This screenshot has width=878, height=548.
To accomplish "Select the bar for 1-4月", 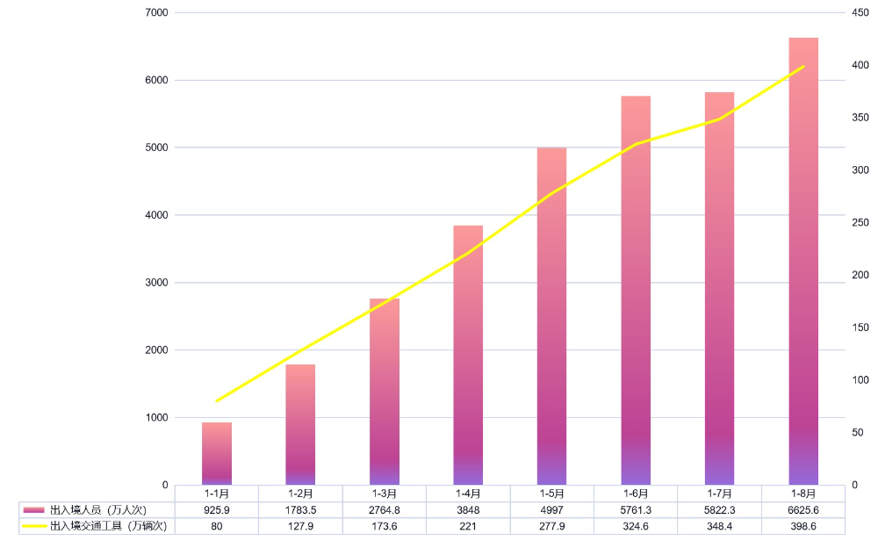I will point(468,355).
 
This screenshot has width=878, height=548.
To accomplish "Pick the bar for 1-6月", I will point(636,290).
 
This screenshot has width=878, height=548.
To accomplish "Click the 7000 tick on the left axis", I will point(158,13).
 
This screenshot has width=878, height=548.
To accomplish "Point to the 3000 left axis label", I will point(158,283).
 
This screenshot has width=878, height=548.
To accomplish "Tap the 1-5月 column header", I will point(551,494).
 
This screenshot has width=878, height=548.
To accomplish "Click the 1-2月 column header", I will point(300,494).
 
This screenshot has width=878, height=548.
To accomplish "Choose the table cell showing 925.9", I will point(216,509).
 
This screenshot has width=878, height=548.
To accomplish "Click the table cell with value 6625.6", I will point(803,509).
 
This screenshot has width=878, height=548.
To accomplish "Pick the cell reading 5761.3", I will point(636,509).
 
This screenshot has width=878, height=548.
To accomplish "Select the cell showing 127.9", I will point(300,526).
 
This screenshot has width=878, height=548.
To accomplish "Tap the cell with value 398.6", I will point(803,526).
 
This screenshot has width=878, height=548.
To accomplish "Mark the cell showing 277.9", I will point(551,526).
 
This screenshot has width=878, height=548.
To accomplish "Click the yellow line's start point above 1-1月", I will point(216,400).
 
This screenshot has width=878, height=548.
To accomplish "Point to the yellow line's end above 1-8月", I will point(803,66).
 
